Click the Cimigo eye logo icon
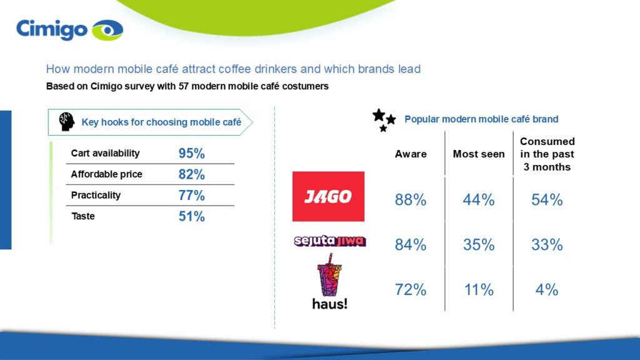pos(107,29)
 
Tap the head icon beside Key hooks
pos(67,122)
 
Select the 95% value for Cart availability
pos(192,153)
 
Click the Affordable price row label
pos(106,174)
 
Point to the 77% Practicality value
pos(192,195)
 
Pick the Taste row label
pos(82,216)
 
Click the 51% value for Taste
pos(192,216)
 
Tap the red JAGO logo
pos(328,196)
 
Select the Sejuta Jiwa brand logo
pos(329,241)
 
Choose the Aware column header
pos(411,154)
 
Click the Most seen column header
pos(479,154)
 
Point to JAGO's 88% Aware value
pos(411,200)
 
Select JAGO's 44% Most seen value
pos(479,200)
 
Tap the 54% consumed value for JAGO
pos(547,200)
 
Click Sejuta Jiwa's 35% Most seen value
pos(479,245)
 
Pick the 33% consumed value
pos(547,245)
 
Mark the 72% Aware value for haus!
pos(411,290)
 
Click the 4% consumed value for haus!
pos(547,290)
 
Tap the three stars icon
pos(384,119)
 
